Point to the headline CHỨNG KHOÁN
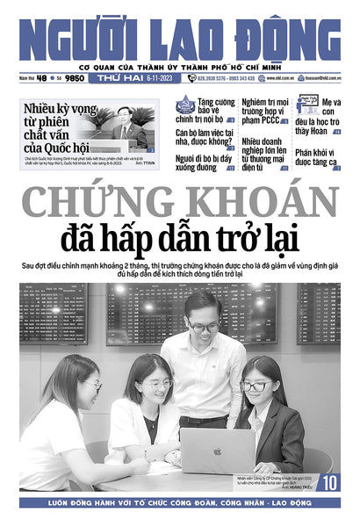point(180,205)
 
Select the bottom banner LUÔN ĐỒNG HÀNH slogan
point(180,504)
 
